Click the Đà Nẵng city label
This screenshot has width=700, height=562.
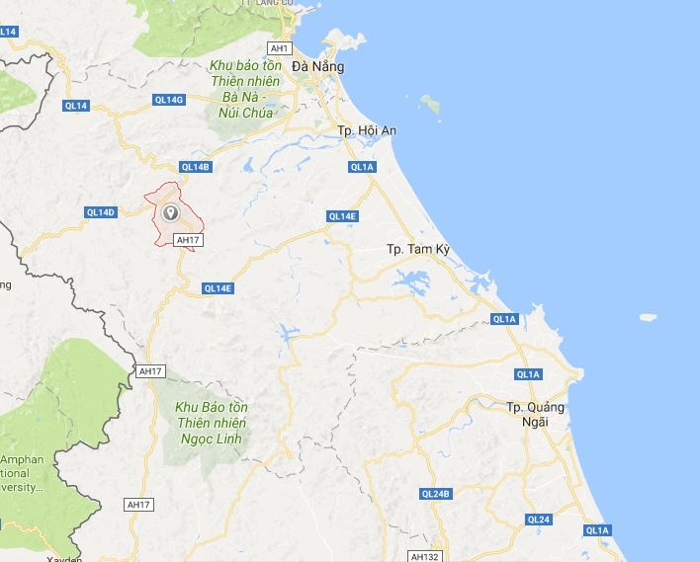[318, 66]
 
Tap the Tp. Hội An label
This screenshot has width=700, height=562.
[367, 130]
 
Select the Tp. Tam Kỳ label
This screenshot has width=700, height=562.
[417, 249]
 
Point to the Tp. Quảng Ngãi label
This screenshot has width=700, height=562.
[535, 414]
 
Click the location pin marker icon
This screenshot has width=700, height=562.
[170, 211]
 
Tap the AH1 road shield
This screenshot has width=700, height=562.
[280, 47]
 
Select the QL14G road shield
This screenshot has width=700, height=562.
[169, 100]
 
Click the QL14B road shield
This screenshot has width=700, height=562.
[197, 167]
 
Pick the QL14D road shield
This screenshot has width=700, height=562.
[101, 212]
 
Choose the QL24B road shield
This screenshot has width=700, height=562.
[435, 494]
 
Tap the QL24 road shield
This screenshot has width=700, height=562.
[538, 520]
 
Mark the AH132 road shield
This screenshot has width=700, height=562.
[423, 556]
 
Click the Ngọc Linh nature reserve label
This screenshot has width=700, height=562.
[212, 423]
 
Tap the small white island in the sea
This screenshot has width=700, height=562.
[649, 318]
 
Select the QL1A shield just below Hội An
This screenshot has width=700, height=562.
[363, 167]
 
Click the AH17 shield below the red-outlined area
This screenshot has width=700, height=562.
[187, 240]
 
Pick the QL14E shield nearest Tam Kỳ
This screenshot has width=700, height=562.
[341, 216]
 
